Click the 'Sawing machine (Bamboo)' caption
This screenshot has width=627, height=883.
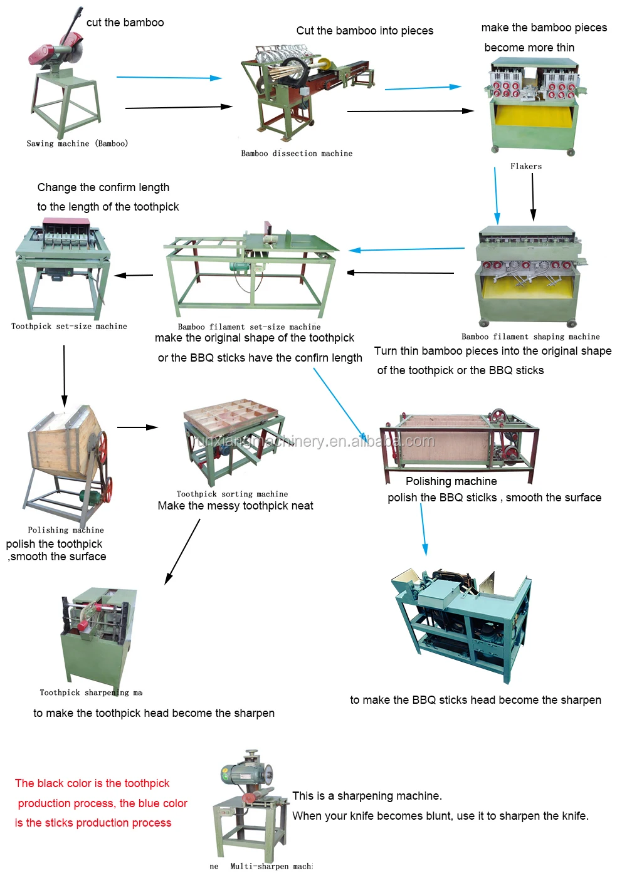(x=77, y=144)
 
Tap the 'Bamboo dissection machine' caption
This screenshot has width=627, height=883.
(x=297, y=154)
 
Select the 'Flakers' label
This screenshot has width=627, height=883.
(x=525, y=166)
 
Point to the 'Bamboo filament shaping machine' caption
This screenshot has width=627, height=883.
(x=530, y=337)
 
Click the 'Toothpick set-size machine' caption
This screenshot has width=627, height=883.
(x=69, y=327)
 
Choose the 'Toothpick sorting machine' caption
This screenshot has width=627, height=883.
(x=232, y=494)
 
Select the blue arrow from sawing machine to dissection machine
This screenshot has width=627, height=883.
(x=169, y=78)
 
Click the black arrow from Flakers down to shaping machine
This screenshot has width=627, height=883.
(x=533, y=196)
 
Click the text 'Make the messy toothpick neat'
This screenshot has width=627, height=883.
(x=235, y=506)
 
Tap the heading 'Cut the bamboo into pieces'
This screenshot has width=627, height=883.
(x=364, y=31)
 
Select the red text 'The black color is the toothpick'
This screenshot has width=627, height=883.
(x=92, y=783)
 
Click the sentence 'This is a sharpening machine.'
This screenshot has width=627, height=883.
(x=367, y=796)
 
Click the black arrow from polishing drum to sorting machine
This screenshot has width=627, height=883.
(x=137, y=427)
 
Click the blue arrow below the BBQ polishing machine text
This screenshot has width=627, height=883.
(x=423, y=530)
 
